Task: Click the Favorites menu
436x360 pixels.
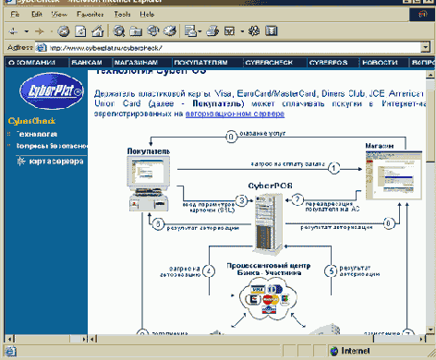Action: (90, 15)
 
